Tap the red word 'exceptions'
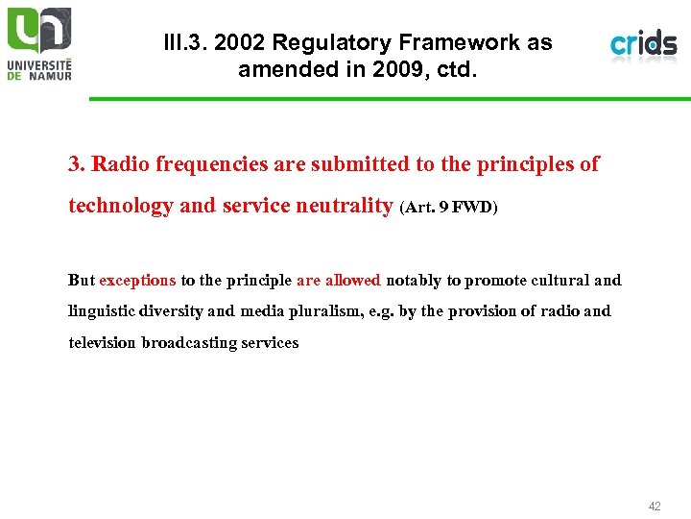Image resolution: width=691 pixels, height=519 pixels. click(137, 281)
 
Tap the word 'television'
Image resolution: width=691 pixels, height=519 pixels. click(103, 342)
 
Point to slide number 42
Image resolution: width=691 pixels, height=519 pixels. click(655, 506)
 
